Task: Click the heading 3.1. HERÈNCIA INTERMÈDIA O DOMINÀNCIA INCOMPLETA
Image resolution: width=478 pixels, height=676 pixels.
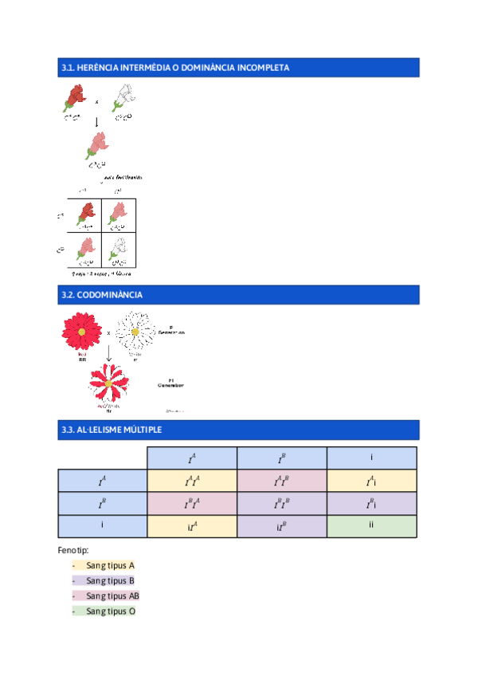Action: pyautogui.click(x=175, y=68)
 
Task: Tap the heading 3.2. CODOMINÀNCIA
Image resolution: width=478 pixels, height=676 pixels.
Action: pyautogui.click(x=102, y=295)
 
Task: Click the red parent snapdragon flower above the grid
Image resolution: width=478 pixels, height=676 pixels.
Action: pyautogui.click(x=75, y=99)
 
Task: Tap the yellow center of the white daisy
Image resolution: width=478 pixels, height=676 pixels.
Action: pyautogui.click(x=135, y=331)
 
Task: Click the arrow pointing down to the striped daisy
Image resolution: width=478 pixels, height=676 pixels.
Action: pyautogui.click(x=108, y=353)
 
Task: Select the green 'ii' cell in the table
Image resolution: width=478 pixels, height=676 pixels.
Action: pyautogui.click(x=372, y=526)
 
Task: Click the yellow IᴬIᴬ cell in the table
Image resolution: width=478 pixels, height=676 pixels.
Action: pyautogui.click(x=192, y=481)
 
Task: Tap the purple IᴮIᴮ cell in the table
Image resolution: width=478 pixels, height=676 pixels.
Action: pyautogui.click(x=282, y=504)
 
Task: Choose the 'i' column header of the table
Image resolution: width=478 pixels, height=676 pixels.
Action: pyautogui.click(x=372, y=458)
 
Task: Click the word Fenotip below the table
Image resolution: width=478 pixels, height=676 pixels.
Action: pyautogui.click(x=73, y=550)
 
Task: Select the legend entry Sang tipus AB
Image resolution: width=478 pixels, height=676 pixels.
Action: pyautogui.click(x=112, y=595)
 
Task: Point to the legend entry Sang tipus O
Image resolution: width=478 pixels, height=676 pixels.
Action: pyautogui.click(x=110, y=611)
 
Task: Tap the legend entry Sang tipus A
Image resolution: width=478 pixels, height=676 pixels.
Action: pyautogui.click(x=110, y=565)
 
